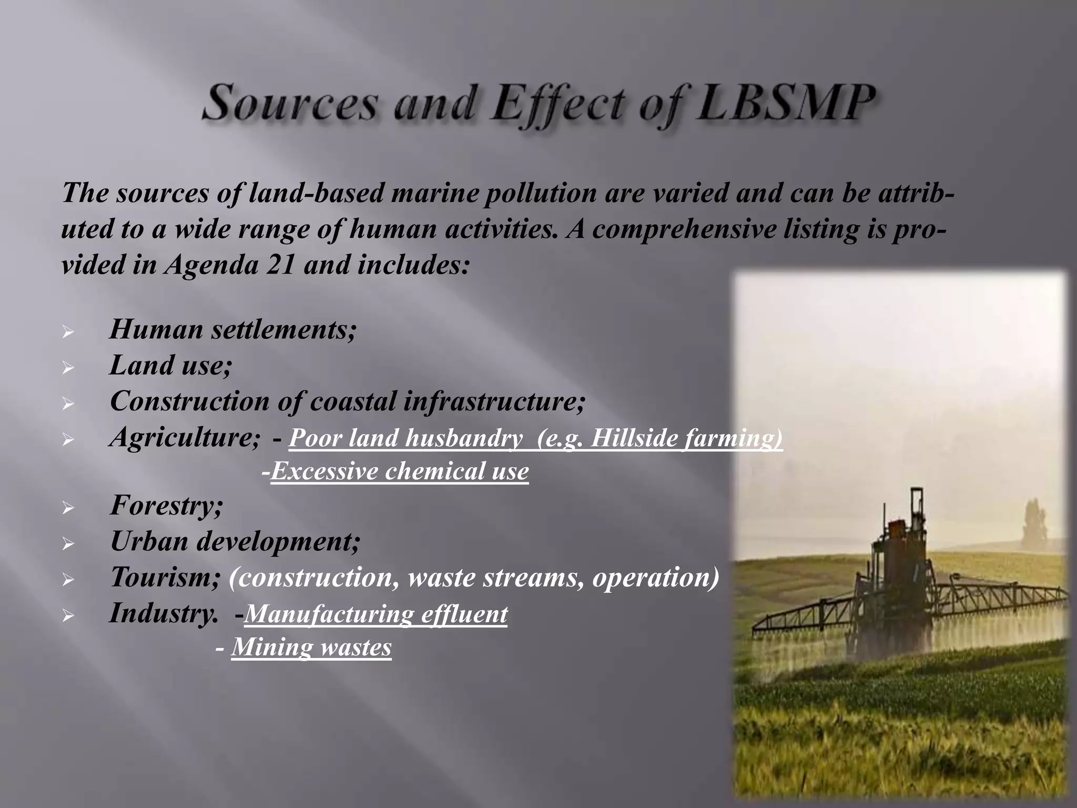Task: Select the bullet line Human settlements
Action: [x=232, y=330]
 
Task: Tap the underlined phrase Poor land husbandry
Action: [x=405, y=438]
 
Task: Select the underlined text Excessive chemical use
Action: [x=400, y=471]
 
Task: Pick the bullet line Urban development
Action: [x=235, y=541]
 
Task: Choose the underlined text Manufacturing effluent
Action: [x=376, y=614]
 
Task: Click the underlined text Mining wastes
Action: [x=311, y=647]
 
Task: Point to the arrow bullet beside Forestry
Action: [x=67, y=508]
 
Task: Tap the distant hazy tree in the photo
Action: [x=1033, y=526]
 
